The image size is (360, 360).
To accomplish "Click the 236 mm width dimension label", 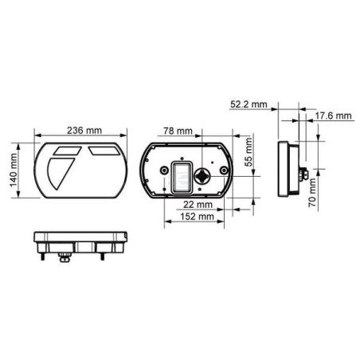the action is click(x=84, y=131).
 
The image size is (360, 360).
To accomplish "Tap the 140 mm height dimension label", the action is click(x=14, y=170).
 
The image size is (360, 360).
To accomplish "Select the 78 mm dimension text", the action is click(x=178, y=131).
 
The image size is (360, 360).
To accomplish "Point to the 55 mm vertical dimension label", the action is click(x=248, y=152).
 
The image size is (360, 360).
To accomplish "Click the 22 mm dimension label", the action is click(x=198, y=205).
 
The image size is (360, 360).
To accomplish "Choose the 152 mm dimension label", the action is click(x=197, y=217).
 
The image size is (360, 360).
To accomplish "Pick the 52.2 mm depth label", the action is click(x=248, y=104).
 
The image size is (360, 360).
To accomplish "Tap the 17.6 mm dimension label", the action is click(x=333, y=115).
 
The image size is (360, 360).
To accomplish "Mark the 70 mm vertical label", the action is click(x=312, y=193).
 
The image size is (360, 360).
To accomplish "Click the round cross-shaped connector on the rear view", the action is click(x=202, y=176).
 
